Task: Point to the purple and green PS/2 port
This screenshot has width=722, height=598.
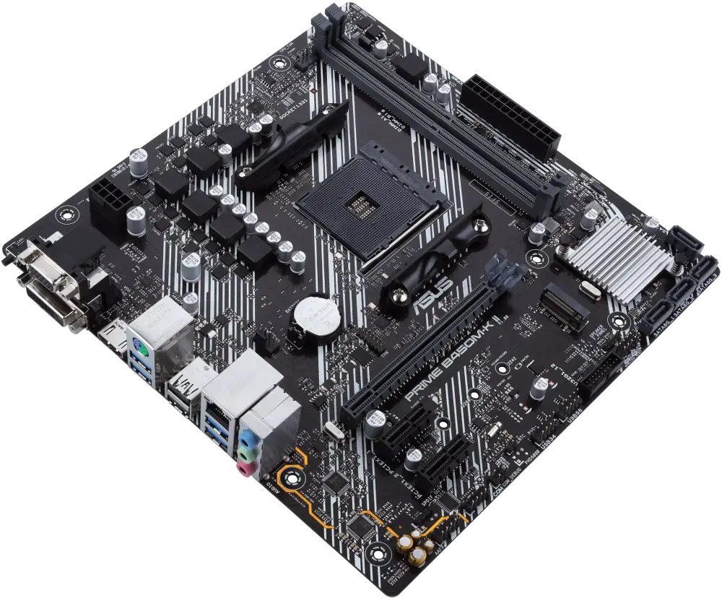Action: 141,352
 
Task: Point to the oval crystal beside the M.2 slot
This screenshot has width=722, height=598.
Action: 588,292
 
